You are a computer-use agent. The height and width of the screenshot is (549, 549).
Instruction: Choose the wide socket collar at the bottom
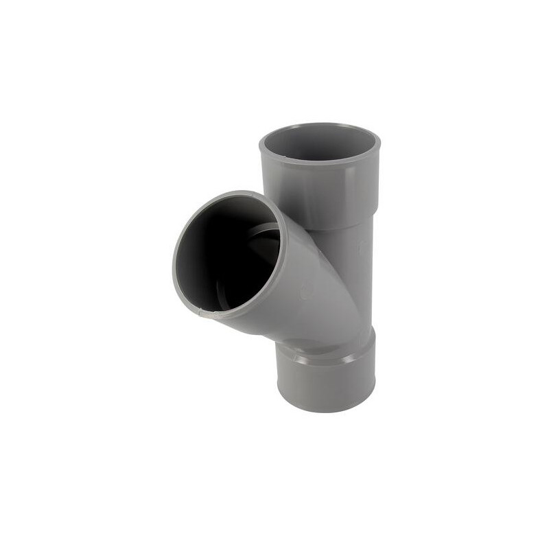coord(327,381)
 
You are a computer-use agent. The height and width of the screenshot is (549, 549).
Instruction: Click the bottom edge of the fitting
coord(327,410)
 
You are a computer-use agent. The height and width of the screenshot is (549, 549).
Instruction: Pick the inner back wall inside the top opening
coord(320,137)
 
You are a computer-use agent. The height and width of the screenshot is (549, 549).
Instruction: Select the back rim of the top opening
coord(320,125)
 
